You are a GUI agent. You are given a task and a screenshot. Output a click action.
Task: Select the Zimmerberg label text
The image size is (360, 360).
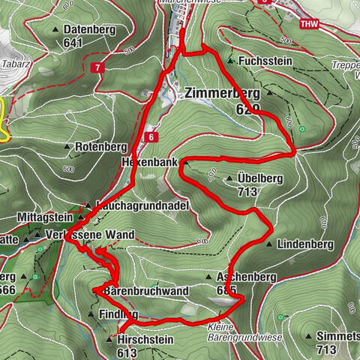point(221,94)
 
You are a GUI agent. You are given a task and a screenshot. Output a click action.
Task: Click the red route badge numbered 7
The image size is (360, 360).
point(98,68)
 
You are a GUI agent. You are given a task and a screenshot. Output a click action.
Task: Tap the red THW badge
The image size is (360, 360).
point(308,24)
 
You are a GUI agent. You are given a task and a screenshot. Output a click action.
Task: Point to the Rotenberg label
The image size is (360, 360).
point(99,147)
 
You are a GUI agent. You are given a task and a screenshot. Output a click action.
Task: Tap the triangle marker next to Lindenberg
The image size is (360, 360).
point(269,244)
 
